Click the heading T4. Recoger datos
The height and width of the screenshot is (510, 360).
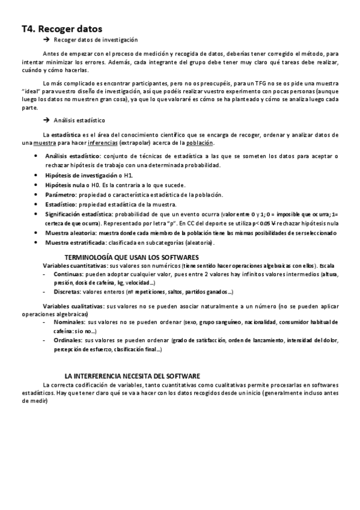click(62, 28)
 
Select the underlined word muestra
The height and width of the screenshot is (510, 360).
click(39, 143)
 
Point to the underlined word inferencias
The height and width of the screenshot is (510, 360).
click(102, 143)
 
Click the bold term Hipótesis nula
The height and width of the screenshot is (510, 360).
click(64, 185)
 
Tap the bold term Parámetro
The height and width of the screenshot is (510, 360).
click(63, 194)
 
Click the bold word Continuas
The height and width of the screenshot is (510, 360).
click(67, 274)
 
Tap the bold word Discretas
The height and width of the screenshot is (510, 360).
click(66, 292)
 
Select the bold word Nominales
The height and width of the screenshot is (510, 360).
click(68, 322)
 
